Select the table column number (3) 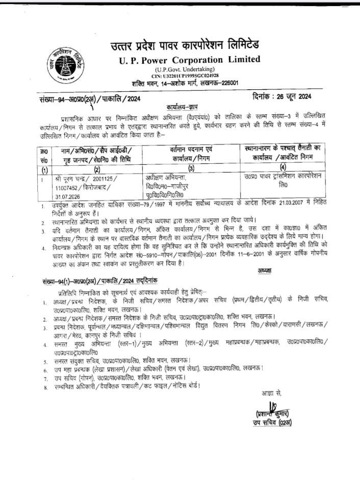191,169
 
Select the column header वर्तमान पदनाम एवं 191,148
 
